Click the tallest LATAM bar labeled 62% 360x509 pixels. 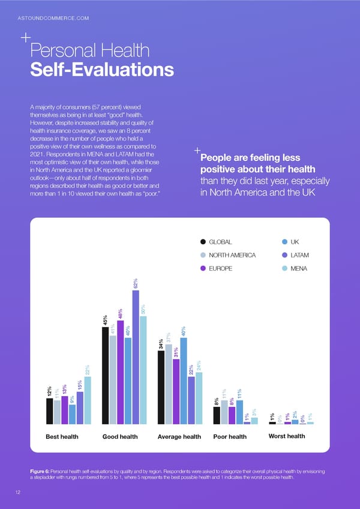136,357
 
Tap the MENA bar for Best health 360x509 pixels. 88,400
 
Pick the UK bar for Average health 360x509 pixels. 184,381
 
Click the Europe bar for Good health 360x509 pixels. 121,372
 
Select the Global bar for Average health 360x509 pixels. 161,388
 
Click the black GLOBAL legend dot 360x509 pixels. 203,242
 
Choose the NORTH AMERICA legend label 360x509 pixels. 232,255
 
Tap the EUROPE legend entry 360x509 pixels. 221,268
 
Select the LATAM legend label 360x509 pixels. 299,255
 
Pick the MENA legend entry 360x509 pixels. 298,268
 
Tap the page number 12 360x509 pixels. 20,490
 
